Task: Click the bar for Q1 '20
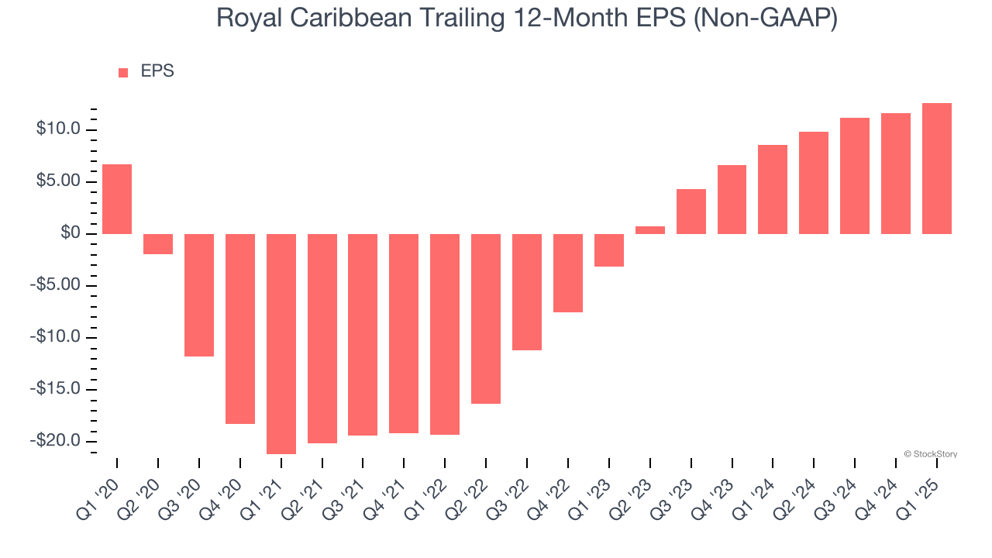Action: (117, 199)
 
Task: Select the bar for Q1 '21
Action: (281, 343)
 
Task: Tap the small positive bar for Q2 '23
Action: (650, 230)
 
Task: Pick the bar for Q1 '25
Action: (937, 169)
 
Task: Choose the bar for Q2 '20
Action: (158, 244)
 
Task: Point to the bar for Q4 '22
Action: (568, 273)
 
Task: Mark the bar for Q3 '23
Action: (691, 212)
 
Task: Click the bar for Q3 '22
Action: (527, 292)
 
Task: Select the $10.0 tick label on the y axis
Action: (58, 129)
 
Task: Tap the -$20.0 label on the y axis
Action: (56, 440)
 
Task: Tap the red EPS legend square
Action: (123, 73)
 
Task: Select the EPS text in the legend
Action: (157, 71)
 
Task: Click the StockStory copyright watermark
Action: (931, 454)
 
